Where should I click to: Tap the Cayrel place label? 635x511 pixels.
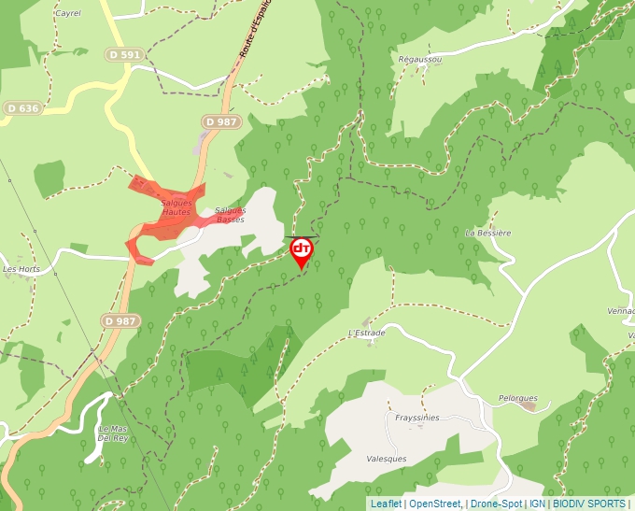point(68,14)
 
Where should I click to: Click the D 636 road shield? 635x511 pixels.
point(23,108)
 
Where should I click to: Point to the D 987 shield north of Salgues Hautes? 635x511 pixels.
point(221,121)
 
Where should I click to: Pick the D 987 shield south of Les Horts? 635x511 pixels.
point(120,320)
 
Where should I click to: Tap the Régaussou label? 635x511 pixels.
point(419,59)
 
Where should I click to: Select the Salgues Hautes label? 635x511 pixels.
point(176,207)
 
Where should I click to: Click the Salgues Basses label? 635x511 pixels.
point(230,215)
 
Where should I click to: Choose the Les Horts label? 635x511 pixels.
point(21,269)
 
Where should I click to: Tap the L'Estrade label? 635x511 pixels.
point(366,333)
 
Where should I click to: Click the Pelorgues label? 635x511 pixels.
point(518,398)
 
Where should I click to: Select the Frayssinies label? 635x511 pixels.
point(416,418)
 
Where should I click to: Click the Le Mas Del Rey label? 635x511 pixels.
point(112,433)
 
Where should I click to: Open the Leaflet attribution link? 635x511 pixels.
point(386,504)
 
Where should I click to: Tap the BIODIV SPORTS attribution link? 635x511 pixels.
point(589,504)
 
